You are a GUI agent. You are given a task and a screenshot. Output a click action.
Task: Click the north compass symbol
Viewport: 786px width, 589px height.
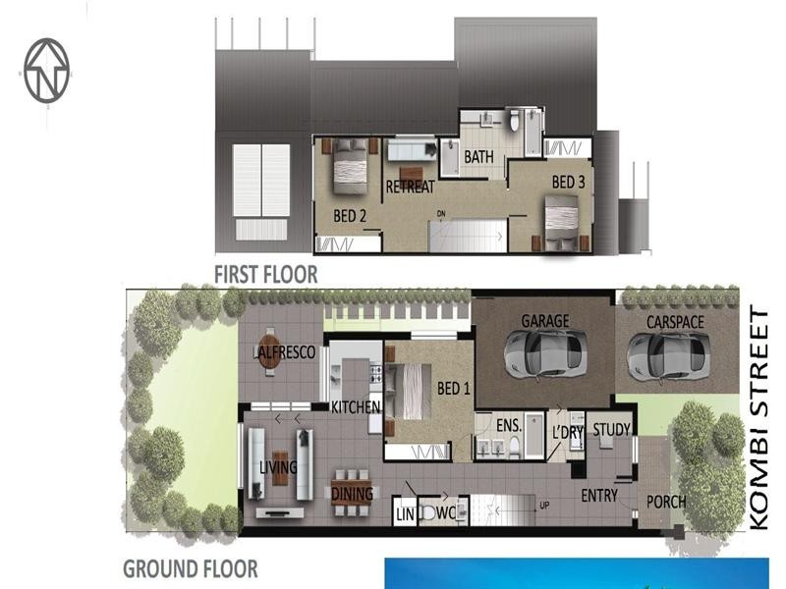coord(47,70)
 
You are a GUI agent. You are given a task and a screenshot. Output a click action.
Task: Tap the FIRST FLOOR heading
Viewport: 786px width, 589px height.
coord(266,274)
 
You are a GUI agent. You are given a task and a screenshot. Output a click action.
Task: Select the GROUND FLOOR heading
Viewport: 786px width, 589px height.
coord(190,567)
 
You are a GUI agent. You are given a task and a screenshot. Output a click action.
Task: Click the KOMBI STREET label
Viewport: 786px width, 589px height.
coord(759,419)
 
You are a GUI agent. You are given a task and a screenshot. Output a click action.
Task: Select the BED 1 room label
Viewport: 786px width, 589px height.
coord(453,390)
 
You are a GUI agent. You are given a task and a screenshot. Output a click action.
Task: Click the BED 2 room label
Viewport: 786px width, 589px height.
coord(350,216)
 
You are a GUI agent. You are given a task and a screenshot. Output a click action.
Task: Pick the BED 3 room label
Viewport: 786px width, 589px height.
coord(568,182)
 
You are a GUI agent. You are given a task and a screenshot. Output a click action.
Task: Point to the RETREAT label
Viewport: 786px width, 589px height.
coord(410,187)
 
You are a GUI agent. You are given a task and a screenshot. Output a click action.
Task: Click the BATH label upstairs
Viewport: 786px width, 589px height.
coord(478,157)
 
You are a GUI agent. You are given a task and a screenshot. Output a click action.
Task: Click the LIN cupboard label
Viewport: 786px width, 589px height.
coord(405,512)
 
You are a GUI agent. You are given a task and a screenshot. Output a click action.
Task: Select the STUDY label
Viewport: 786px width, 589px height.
coord(611,430)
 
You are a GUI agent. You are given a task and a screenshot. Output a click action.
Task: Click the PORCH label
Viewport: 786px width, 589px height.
coord(665,502)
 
